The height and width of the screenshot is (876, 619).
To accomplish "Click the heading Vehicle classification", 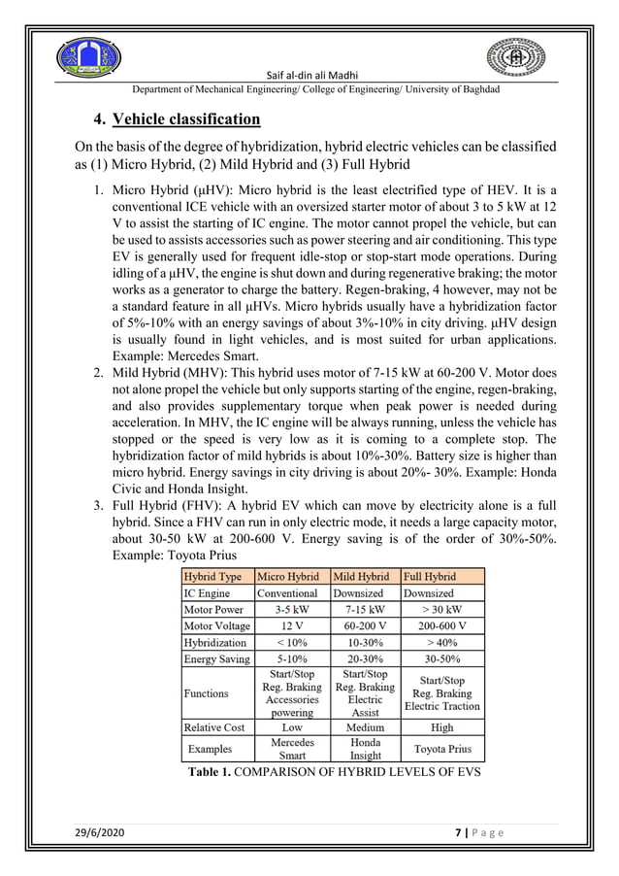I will click(x=186, y=120).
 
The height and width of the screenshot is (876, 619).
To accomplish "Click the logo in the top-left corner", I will click(x=88, y=56).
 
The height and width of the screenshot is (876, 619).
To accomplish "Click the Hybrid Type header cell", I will click(x=214, y=576).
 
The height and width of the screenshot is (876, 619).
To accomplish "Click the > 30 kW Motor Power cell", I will click(x=441, y=610).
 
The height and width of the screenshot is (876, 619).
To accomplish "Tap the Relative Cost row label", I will click(x=214, y=726).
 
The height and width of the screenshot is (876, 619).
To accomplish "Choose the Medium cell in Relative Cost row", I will click(x=364, y=726).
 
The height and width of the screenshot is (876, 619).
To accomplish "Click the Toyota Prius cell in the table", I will click(x=441, y=750).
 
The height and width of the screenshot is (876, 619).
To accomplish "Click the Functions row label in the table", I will click(x=206, y=693).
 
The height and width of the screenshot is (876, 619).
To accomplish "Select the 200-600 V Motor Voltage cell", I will click(x=441, y=626).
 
